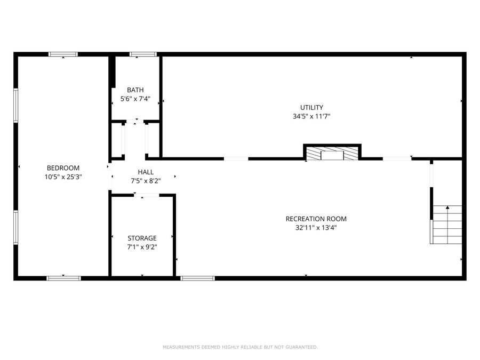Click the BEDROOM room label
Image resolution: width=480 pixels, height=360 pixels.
(x=63, y=167)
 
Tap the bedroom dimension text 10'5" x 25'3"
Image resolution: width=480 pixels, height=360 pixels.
(x=63, y=177)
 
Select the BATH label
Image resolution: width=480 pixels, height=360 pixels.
(x=135, y=90)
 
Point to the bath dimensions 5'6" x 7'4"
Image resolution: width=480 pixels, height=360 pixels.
(x=135, y=99)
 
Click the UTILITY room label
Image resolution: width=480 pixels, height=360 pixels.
(x=311, y=107)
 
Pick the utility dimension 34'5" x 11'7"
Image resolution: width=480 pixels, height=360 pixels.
(x=311, y=116)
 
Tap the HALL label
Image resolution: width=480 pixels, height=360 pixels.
(x=146, y=172)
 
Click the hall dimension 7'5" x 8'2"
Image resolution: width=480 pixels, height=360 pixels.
(x=146, y=181)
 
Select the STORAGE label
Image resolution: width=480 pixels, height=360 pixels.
(x=142, y=238)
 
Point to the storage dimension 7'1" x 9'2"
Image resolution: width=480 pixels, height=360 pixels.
(x=142, y=247)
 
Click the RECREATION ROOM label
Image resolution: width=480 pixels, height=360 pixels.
(x=316, y=219)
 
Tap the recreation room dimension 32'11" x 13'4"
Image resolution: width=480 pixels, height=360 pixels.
(x=316, y=228)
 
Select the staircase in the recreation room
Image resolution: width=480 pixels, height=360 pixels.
(x=446, y=225)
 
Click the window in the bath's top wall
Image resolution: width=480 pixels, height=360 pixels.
(x=143, y=54)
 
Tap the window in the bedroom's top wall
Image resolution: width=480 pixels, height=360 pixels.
(x=63, y=54)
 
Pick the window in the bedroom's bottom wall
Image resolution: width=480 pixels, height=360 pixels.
(x=63, y=278)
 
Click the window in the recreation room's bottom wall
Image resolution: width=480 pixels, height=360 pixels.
(x=197, y=278)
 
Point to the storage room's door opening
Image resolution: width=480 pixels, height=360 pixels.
(x=146, y=196)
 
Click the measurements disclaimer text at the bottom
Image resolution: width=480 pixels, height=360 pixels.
(x=240, y=347)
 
